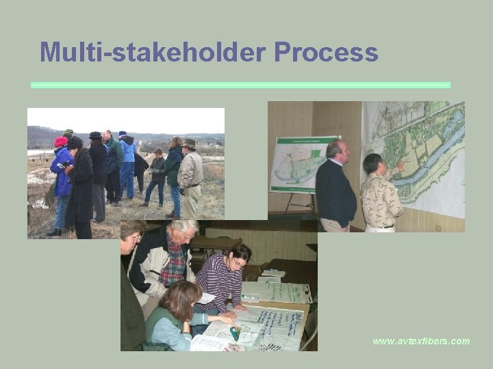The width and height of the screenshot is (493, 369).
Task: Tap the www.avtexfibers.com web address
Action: click(421, 340)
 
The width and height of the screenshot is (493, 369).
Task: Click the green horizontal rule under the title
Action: click(240, 85)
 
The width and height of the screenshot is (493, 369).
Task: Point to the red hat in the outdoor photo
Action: click(61, 141)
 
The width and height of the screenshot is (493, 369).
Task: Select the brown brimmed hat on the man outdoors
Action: click(189, 143)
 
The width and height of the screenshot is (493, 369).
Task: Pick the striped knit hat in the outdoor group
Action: click(68, 133)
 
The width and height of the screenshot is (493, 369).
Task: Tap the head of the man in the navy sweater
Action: click(336, 150)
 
